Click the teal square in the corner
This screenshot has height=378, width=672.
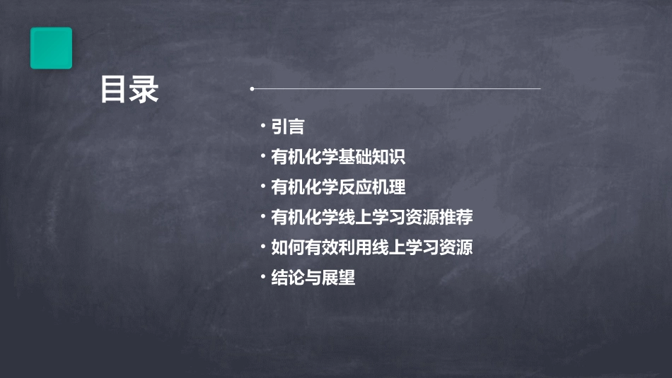[x=51, y=48]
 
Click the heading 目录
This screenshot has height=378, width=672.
[x=129, y=90]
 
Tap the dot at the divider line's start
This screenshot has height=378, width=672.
[x=252, y=89]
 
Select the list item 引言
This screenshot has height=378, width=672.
[x=288, y=127]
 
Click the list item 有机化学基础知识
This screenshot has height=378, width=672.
[x=338, y=157]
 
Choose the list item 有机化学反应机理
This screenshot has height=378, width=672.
[x=338, y=187]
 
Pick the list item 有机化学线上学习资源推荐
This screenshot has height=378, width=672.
[x=372, y=218]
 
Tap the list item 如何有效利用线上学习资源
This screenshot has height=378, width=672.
[x=372, y=248]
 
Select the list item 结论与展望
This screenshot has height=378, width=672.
[x=313, y=278]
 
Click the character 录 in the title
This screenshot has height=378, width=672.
[x=144, y=90]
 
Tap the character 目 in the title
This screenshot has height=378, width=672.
[x=113, y=90]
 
